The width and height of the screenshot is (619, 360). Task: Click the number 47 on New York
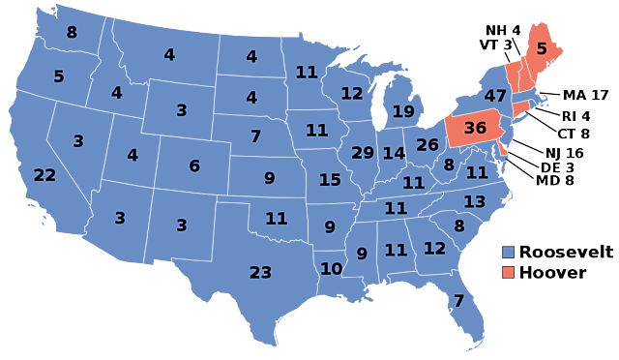(x=495, y=97)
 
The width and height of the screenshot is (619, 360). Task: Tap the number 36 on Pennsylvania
(x=475, y=128)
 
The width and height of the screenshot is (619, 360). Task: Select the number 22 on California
(x=44, y=175)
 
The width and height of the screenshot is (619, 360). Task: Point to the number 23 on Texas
(x=260, y=273)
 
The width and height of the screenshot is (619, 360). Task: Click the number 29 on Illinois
(x=363, y=153)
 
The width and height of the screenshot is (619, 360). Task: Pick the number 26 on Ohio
(x=427, y=145)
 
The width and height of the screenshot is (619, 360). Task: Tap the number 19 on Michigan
(x=403, y=111)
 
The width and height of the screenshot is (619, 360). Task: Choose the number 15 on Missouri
(x=330, y=180)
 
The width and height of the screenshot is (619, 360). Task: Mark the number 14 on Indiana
(x=394, y=153)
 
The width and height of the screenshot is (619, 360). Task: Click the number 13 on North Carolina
(x=474, y=202)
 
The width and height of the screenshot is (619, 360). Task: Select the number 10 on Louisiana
(x=331, y=269)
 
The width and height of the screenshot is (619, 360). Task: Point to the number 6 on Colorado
(x=194, y=166)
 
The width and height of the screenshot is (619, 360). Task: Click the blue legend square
(x=508, y=253)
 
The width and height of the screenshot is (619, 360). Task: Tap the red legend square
(x=508, y=272)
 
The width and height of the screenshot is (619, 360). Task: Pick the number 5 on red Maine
(x=542, y=48)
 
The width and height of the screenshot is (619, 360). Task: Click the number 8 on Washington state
(x=72, y=33)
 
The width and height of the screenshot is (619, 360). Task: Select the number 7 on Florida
(x=458, y=301)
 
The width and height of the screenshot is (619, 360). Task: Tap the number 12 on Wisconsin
(x=351, y=94)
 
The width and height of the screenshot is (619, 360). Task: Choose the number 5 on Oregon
(x=59, y=76)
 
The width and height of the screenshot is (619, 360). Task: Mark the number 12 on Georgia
(x=434, y=249)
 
